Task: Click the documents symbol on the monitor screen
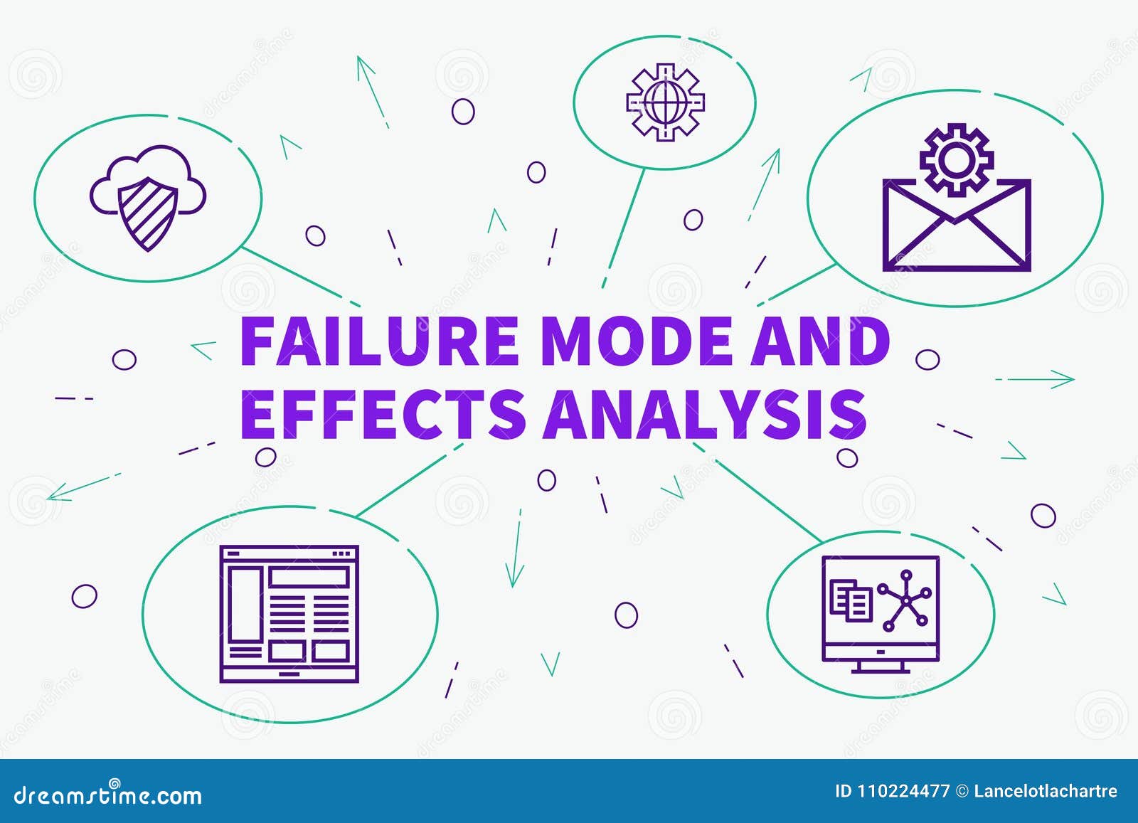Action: coord(851,601)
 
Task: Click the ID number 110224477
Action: coord(892,791)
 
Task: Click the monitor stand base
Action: coord(881,669)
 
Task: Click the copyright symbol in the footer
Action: coord(962,791)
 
